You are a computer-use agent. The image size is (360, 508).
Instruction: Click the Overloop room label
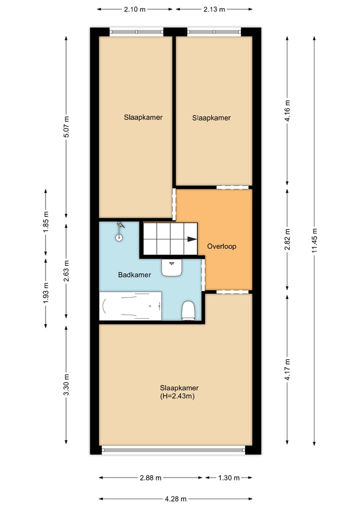pyautogui.click(x=221, y=246)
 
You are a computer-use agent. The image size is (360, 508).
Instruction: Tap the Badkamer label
pyautogui.click(x=134, y=275)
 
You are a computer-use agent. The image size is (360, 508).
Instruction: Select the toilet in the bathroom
pyautogui.click(x=188, y=310)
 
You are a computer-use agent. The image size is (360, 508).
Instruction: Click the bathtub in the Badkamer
pyautogui.click(x=130, y=306)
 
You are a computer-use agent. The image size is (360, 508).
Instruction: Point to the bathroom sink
pyautogui.click(x=171, y=268)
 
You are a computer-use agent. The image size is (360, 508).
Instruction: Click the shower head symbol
pyautogui.click(x=119, y=231)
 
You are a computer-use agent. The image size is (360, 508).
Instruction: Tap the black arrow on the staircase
pyautogui.click(x=192, y=239)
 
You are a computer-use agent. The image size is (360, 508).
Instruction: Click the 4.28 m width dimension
pyautogui.click(x=175, y=499)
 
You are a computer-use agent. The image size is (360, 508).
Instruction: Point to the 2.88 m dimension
pyautogui.click(x=150, y=478)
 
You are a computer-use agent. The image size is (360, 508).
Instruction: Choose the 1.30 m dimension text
pyautogui.click(x=228, y=478)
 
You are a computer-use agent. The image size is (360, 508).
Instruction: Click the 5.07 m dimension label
pyautogui.click(x=66, y=127)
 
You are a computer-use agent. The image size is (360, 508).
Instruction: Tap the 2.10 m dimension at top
pyautogui.click(x=134, y=9)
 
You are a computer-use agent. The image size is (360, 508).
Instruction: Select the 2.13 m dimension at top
pyautogui.click(x=214, y=9)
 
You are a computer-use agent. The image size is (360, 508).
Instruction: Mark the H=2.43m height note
pyautogui.click(x=177, y=396)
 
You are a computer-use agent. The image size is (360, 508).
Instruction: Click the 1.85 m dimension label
pyautogui.click(x=45, y=222)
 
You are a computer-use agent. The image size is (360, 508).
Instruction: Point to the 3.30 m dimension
pyautogui.click(x=66, y=385)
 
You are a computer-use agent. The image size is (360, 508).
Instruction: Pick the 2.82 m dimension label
pyautogui.click(x=287, y=239)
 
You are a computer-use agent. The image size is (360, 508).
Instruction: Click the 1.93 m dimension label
pyautogui.click(x=45, y=293)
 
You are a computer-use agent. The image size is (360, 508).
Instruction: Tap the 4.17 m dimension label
pyautogui.click(x=287, y=370)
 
